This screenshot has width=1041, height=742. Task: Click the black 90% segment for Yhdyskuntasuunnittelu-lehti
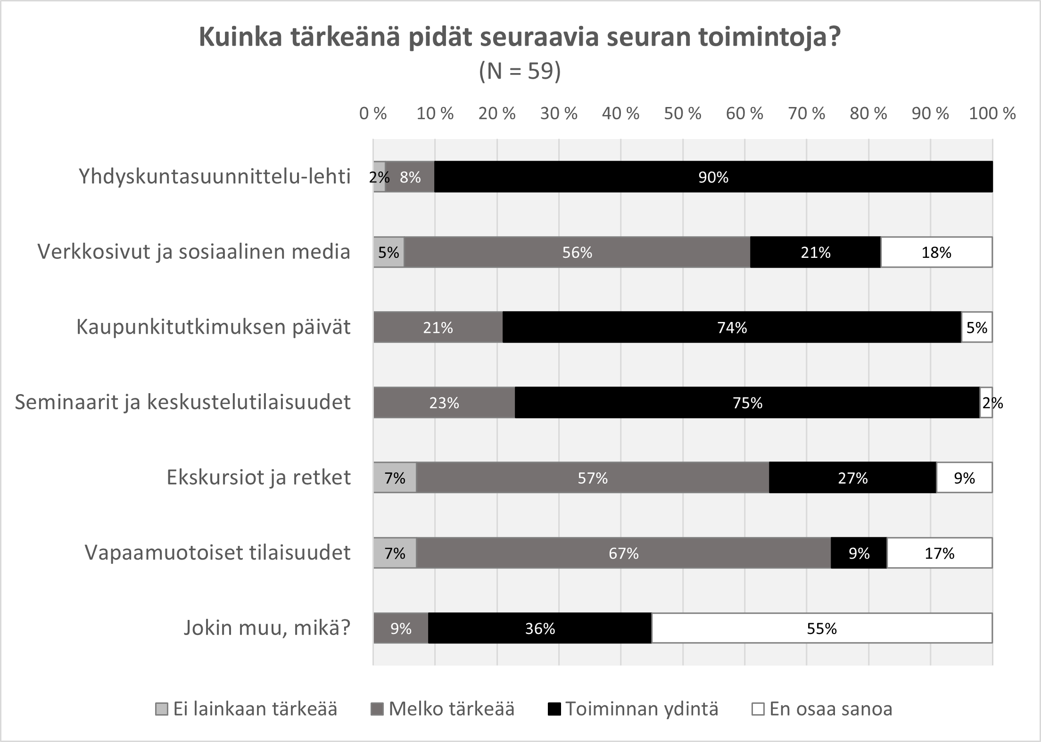713,177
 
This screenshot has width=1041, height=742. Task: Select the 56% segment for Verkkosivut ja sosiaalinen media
577,252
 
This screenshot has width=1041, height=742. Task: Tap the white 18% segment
936,252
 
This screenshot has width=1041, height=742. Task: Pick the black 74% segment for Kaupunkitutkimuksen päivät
732,327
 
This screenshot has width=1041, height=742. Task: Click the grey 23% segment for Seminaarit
444,403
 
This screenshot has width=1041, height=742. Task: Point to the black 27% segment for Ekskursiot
852,478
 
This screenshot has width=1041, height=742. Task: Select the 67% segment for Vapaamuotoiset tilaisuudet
623,553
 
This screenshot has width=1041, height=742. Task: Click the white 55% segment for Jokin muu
822,628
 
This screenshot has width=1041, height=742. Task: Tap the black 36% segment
540,628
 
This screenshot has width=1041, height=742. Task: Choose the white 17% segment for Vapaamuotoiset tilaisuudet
939,553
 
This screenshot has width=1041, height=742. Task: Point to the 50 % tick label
682,114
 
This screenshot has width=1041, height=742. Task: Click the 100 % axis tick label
992,114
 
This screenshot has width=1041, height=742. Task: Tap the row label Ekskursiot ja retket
258,478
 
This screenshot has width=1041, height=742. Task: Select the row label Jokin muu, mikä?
267,628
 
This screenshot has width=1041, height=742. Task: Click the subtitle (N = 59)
520,72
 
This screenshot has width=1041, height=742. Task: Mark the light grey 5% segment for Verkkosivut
389,252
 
